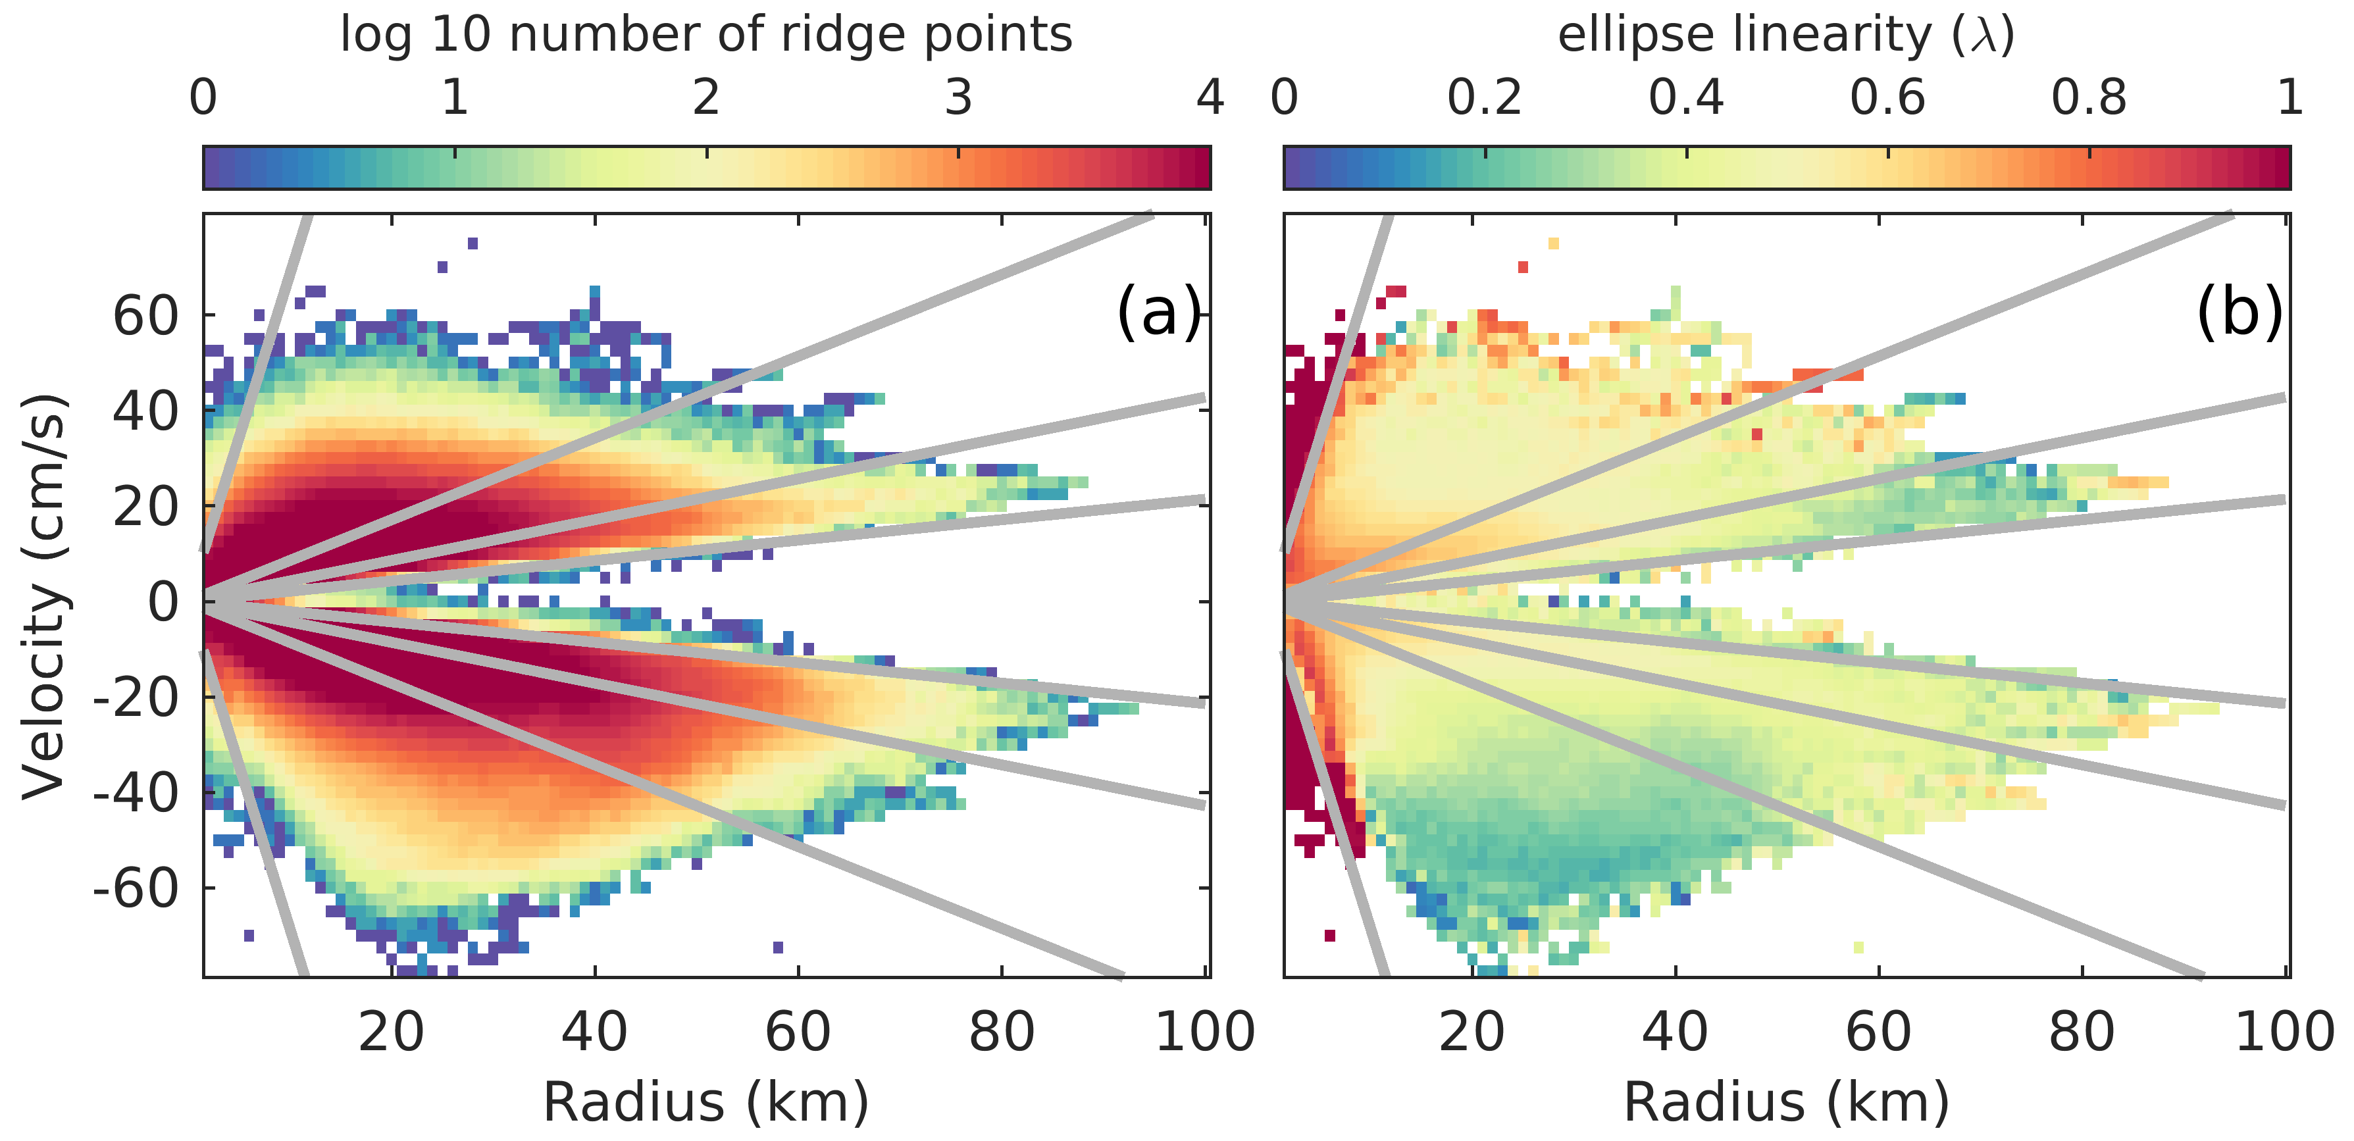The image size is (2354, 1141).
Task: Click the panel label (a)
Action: (x=1158, y=313)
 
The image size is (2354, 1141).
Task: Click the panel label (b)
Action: (x=2239, y=313)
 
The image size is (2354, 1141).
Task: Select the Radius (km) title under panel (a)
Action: (x=705, y=1102)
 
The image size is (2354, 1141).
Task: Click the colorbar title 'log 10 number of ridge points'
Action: (x=705, y=35)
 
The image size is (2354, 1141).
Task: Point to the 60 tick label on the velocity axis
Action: (x=145, y=317)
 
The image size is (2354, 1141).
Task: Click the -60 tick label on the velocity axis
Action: (x=136, y=888)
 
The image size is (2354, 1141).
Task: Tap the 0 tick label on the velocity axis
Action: (x=165, y=603)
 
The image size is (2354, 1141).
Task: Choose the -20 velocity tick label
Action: (x=136, y=699)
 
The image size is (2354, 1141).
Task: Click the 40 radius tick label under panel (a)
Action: (x=595, y=1032)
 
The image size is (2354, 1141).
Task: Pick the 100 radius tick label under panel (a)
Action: (x=1204, y=1032)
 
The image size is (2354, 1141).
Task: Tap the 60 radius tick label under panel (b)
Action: (x=1879, y=1032)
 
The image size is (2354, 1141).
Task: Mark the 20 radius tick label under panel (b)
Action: (x=1472, y=1032)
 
